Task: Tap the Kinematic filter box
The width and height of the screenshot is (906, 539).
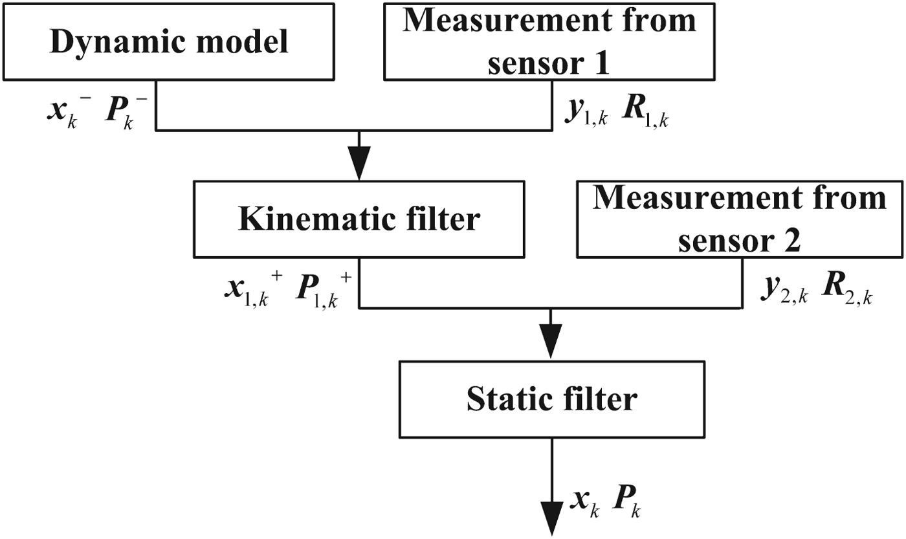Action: click(359, 219)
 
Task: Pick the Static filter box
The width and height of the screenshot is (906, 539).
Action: click(551, 399)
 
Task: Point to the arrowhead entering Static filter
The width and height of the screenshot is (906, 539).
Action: click(551, 342)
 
